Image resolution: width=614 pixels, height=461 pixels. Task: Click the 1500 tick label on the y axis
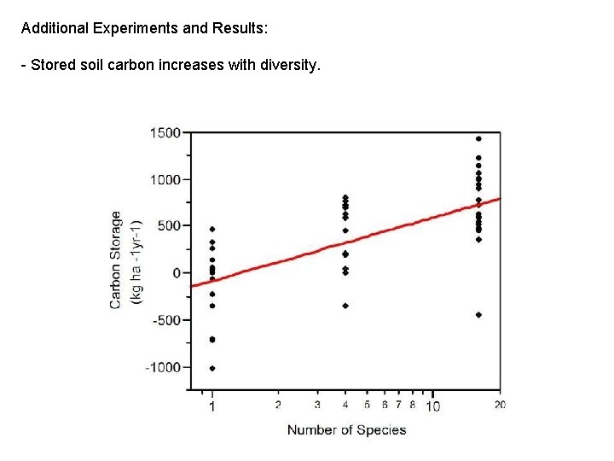[x=165, y=132]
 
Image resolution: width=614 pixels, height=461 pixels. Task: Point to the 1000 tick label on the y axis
[x=165, y=179]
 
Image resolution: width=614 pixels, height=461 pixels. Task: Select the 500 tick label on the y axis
[x=168, y=226]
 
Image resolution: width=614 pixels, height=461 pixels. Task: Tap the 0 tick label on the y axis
[x=177, y=273]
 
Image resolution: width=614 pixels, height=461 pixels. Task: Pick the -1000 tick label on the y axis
[x=163, y=367]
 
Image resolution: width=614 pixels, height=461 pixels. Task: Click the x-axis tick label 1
[x=212, y=406]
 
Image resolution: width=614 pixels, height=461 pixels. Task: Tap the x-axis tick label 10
[x=432, y=406]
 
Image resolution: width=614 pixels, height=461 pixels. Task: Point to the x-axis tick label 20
[x=500, y=405]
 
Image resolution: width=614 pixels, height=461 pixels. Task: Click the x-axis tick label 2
[x=278, y=405]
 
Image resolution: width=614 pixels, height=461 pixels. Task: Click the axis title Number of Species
[x=346, y=429]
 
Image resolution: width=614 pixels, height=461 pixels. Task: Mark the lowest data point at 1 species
[x=212, y=369]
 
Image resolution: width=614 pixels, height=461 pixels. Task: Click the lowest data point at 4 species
[x=345, y=306]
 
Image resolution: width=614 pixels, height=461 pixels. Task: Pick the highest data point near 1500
[x=478, y=138]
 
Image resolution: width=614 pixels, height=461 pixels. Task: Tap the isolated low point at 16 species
[x=478, y=315]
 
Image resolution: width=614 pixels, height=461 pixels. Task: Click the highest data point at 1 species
[x=212, y=229]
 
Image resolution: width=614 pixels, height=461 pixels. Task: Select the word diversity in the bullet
[x=288, y=65]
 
